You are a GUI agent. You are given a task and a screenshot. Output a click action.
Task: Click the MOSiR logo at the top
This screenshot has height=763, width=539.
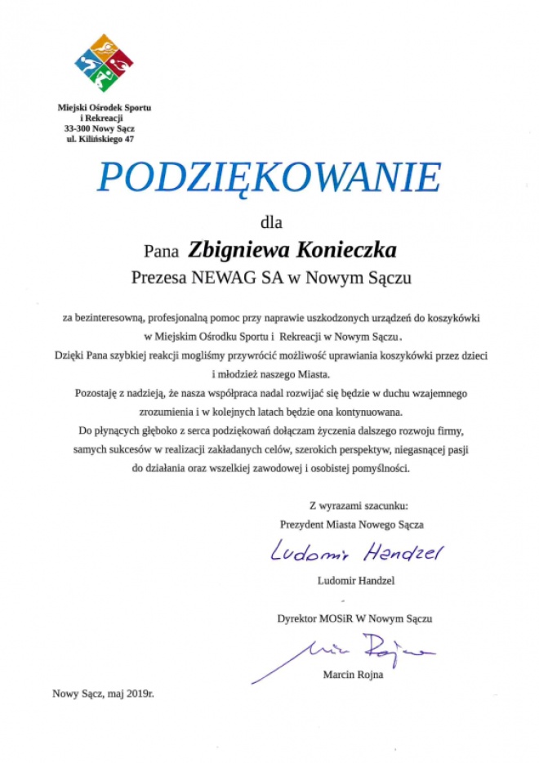[104, 63]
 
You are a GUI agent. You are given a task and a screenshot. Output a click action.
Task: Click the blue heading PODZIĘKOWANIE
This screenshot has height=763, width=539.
[269, 178]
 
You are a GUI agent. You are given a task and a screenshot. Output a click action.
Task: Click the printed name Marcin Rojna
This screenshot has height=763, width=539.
[353, 675]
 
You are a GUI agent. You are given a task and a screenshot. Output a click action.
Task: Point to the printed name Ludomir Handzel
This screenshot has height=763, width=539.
[354, 581]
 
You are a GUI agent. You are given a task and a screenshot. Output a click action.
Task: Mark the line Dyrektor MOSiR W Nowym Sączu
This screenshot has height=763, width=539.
[354, 618]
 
